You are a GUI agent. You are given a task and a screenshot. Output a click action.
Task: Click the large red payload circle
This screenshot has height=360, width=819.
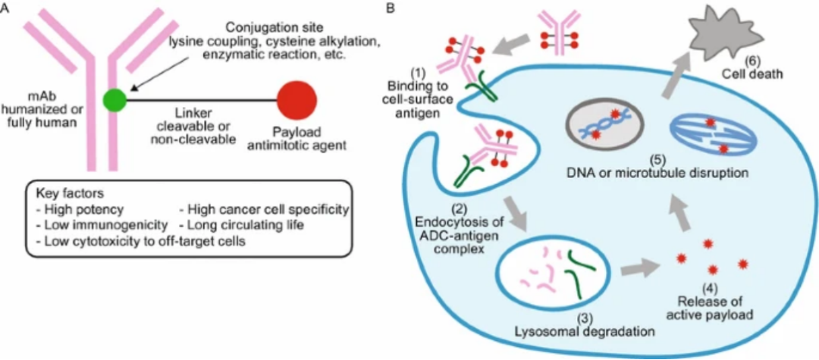click(x=297, y=99)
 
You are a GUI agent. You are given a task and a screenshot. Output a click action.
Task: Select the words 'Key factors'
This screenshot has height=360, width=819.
click(x=61, y=193)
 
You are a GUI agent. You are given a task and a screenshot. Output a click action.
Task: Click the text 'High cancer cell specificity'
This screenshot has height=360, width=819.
click(x=264, y=210)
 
